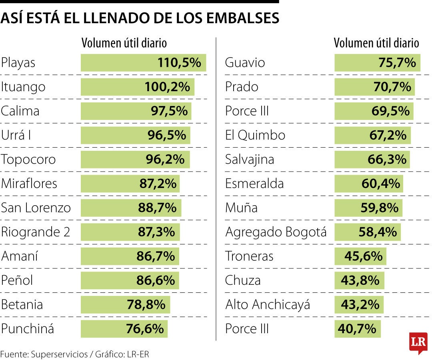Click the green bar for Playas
pyautogui.click(x=143, y=63)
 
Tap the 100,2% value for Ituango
pyautogui.click(x=167, y=87)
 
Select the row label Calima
pyautogui.click(x=20, y=111)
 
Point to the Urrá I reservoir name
pyautogui.click(x=16, y=135)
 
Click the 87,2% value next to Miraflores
pyautogui.click(x=158, y=184)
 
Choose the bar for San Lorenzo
pyautogui.click(x=131, y=208)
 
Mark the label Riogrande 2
pyautogui.click(x=36, y=232)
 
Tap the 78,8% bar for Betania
pyautogui.click(x=125, y=305)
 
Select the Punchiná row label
pyautogui.click(x=27, y=329)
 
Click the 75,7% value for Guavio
pyautogui.click(x=397, y=63)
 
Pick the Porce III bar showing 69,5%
pyautogui.click(x=374, y=111)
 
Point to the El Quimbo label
pyautogui.click(x=255, y=135)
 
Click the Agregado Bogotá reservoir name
pyautogui.click(x=276, y=232)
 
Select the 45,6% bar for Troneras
pyautogui.click(x=360, y=256)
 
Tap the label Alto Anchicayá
pyautogui.click(x=268, y=305)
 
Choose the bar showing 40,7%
pyautogui.click(x=357, y=329)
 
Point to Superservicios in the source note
pyautogui.click(x=59, y=354)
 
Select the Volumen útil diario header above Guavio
pyautogui.click(x=376, y=43)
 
